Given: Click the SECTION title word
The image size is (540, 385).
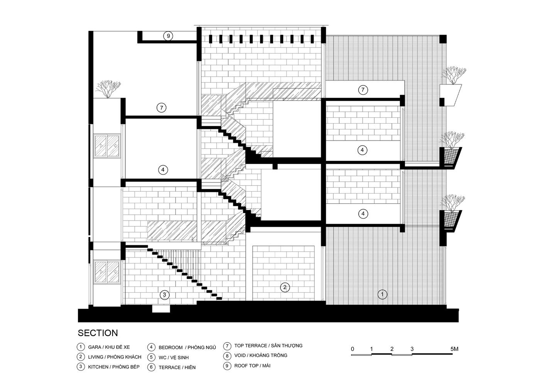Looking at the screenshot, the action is click(x=98, y=333).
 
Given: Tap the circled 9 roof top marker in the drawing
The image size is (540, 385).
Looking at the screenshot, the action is click(x=168, y=36).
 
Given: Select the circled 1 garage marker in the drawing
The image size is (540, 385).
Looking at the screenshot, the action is click(x=382, y=294).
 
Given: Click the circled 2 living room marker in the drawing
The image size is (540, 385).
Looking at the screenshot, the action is click(x=285, y=287).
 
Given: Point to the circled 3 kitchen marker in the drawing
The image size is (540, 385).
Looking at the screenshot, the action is click(x=164, y=295).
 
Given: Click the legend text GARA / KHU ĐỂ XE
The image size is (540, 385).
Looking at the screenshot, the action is click(x=109, y=347).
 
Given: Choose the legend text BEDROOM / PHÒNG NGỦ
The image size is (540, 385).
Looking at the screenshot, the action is click(x=187, y=347).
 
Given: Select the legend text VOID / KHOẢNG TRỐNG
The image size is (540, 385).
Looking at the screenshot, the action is click(x=261, y=355).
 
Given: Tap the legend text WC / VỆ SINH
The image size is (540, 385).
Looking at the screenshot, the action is click(x=174, y=358).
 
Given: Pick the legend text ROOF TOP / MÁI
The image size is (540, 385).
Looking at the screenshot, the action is click(x=252, y=366).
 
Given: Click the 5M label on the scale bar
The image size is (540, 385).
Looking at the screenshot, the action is click(x=454, y=349).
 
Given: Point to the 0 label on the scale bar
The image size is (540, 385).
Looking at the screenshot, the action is click(x=353, y=349).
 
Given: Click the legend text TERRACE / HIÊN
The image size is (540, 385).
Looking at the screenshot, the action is click(x=177, y=367).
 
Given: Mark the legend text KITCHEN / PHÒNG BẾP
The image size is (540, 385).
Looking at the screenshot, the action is click(x=114, y=367).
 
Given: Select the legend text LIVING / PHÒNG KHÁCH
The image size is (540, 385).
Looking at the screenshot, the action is click(x=115, y=357).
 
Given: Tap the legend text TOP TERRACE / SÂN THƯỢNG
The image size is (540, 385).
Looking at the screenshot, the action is click(x=268, y=346).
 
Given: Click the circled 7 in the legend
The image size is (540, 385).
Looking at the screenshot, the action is click(x=227, y=346).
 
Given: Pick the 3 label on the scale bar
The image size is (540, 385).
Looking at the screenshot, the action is click(x=412, y=349).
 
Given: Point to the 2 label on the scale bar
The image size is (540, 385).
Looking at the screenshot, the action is click(x=392, y=349).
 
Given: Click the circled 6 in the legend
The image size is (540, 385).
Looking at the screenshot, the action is click(x=151, y=367).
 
